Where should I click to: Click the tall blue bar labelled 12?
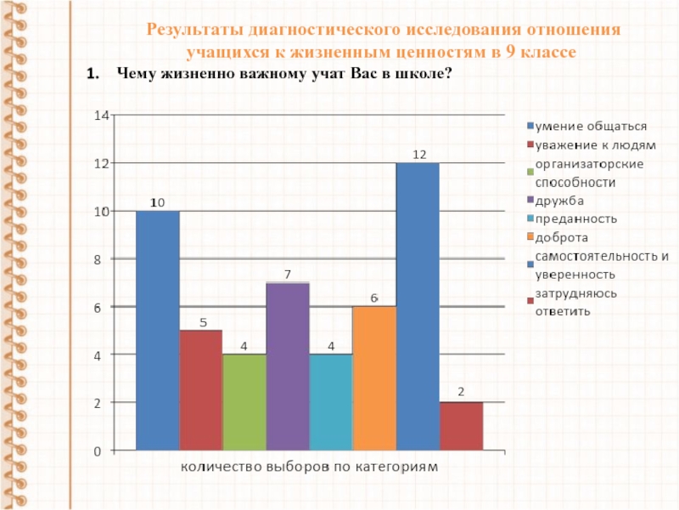418,306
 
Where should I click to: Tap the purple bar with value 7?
288,365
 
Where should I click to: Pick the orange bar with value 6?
374,377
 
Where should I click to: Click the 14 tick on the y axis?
101,115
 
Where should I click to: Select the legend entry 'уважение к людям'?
583,145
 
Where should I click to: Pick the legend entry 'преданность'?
575,218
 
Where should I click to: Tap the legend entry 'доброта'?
561,237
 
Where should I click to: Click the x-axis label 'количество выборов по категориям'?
309,467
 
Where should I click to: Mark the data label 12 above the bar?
418,155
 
